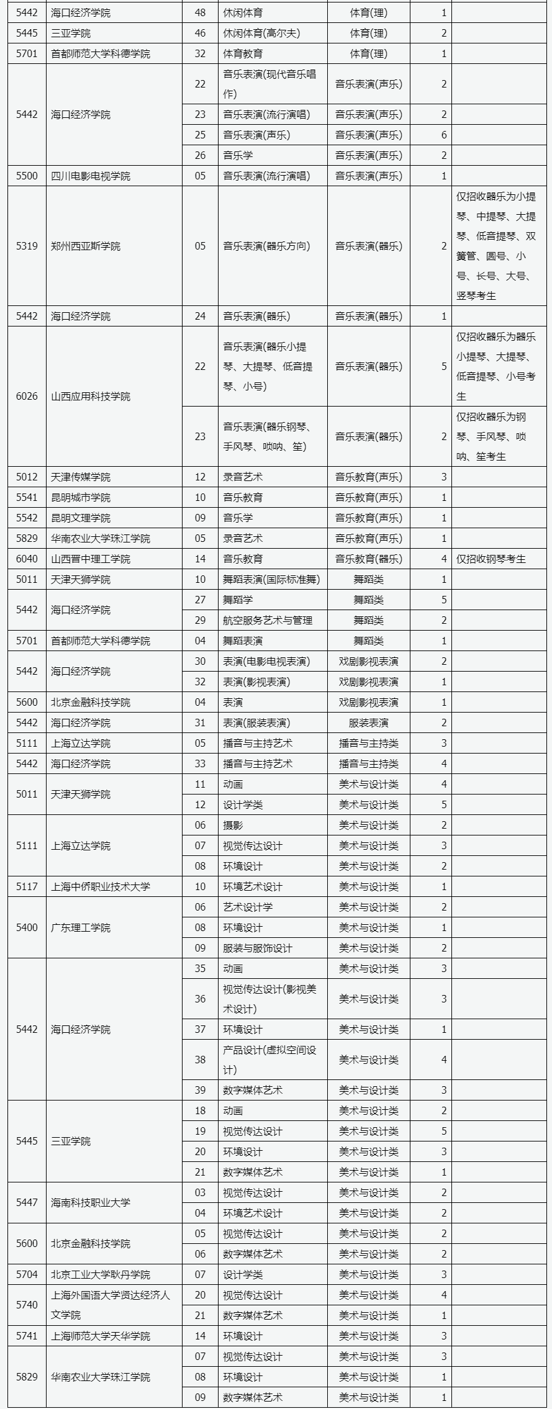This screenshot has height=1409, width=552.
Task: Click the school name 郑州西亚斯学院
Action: [86, 246]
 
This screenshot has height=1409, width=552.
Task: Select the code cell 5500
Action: [27, 176]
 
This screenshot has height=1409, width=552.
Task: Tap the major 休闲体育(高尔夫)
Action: [261, 34]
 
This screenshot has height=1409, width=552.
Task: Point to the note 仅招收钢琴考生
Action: [491, 559]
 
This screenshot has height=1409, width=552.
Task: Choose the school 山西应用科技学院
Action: [91, 397]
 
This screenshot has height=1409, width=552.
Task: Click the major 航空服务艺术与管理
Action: [268, 621]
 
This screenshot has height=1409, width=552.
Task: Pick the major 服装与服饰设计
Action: [258, 948]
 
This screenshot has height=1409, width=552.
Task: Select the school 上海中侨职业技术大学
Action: [101, 887]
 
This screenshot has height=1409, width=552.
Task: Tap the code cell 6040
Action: [27, 559]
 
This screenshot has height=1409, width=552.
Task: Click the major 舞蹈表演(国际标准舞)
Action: [271, 580]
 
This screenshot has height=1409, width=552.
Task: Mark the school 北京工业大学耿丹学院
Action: [101, 1275]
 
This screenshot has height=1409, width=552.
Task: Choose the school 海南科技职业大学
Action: [91, 1203]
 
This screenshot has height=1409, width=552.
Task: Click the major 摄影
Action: [233, 826]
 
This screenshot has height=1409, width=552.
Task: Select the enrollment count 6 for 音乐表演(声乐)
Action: [443, 135]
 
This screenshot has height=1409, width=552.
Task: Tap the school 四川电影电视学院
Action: [91, 176]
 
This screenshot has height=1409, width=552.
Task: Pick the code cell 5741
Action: [27, 1336]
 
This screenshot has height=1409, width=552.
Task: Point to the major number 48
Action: [200, 13]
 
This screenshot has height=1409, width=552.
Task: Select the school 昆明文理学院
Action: [81, 518]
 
